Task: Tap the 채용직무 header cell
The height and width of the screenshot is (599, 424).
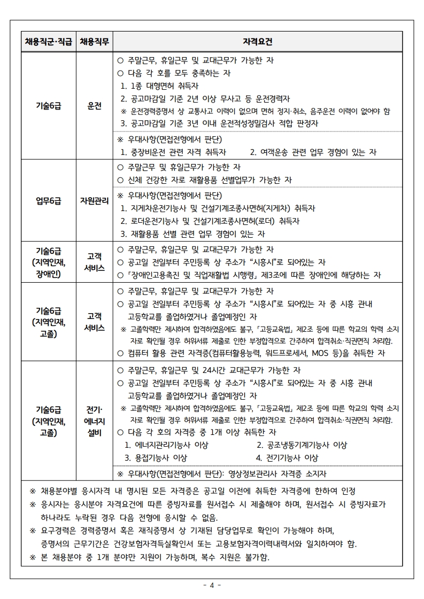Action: click(x=95, y=42)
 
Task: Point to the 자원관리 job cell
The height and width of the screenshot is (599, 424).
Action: click(x=95, y=201)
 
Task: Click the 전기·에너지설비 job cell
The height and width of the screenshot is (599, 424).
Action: click(x=95, y=421)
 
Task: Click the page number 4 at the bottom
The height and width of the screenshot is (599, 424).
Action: click(x=212, y=585)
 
